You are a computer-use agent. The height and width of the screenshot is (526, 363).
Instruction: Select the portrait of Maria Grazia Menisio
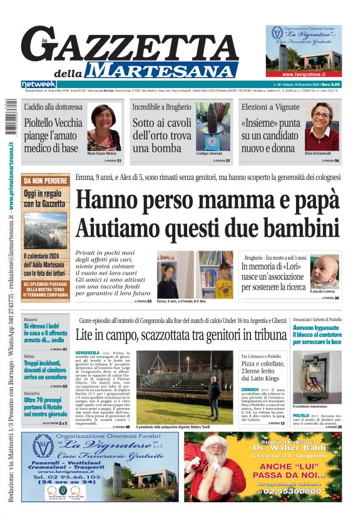pyautogui.click(x=104, y=127)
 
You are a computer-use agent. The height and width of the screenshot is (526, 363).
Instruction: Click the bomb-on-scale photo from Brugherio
pyautogui.click(x=213, y=127)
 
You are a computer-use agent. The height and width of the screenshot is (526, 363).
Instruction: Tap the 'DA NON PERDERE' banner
pyautogui.click(x=46, y=181)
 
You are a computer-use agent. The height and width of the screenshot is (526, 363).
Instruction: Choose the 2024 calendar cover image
pyautogui.click(x=46, y=231)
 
